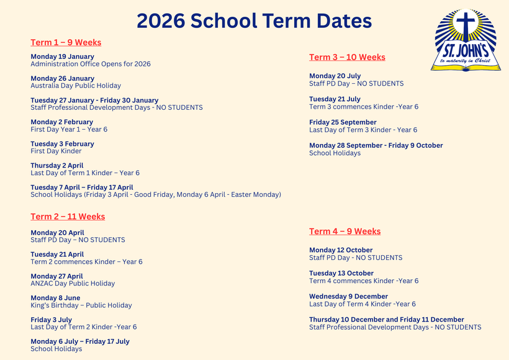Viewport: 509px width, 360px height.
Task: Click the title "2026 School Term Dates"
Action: pos(254,20)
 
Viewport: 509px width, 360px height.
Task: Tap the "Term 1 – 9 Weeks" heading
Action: pos(66,43)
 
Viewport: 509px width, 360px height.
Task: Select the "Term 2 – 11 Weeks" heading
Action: pos(68,217)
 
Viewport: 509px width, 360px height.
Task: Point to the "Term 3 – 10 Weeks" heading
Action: pos(347,57)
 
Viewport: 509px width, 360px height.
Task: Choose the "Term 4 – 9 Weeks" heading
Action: pos(345,232)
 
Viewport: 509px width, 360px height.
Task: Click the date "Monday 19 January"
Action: pos(62,56)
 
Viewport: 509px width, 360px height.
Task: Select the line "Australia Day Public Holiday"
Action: pos(76,86)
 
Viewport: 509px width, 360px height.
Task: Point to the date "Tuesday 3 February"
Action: pos(61,144)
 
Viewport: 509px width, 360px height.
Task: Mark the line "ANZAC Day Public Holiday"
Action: pos(73,284)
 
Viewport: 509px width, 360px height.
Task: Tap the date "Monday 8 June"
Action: pos(55,298)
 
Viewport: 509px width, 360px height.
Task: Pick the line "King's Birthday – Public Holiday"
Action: pos(81,305)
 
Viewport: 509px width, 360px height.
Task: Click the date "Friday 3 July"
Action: pos(51,320)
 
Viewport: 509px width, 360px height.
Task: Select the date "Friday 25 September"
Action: pos(343,122)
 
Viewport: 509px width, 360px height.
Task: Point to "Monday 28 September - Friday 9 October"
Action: pos(376,145)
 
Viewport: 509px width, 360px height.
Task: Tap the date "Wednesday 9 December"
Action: pos(348,297)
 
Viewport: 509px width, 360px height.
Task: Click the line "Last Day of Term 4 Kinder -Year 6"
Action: pos(363,304)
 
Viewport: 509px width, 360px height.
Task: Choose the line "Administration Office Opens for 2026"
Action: pos(91,64)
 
